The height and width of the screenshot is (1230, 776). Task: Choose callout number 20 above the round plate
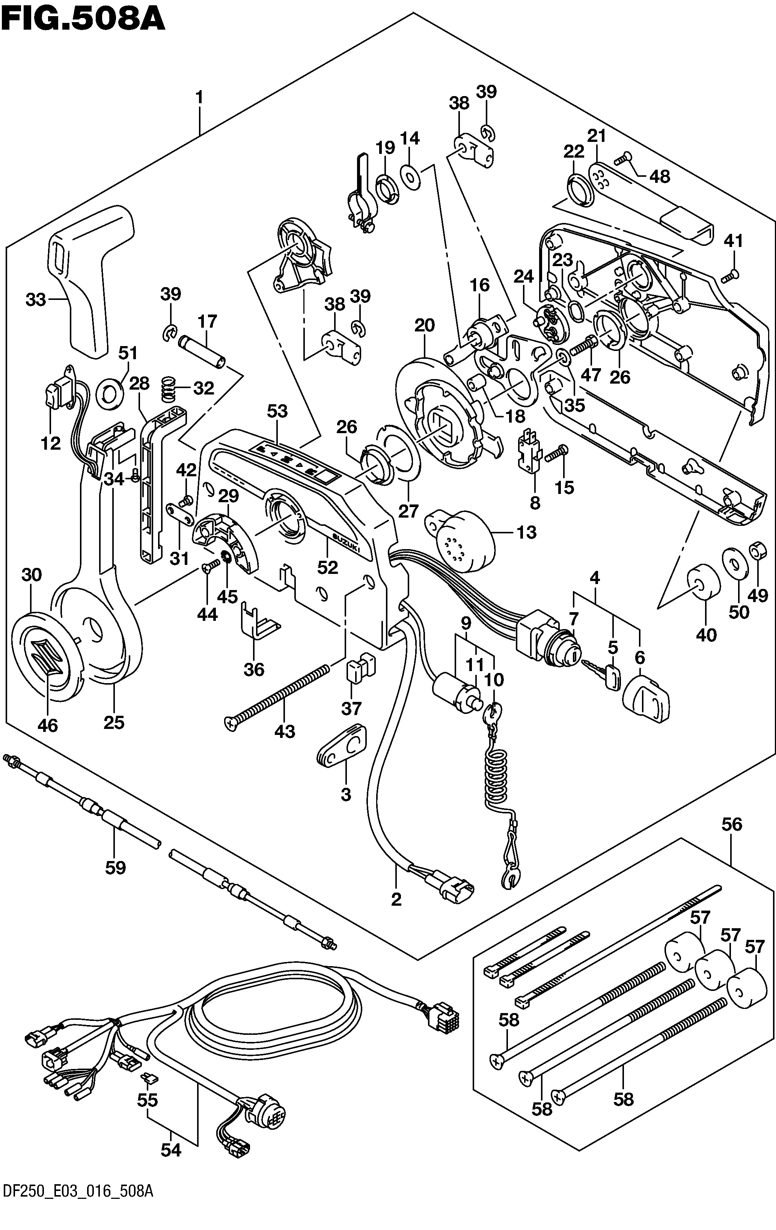[425, 325]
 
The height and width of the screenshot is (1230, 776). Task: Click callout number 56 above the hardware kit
[732, 824]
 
